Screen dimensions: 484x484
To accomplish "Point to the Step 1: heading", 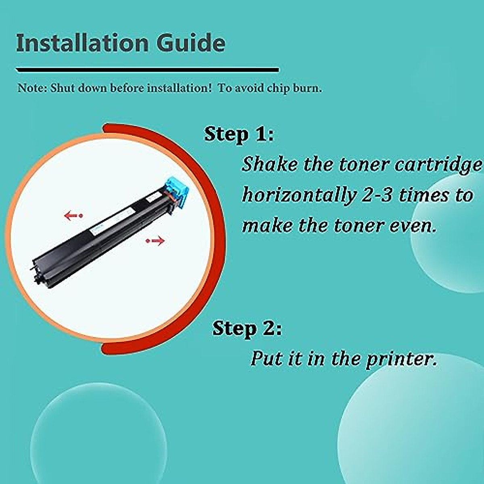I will pyautogui.click(x=239, y=134).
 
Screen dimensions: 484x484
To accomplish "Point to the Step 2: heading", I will pyautogui.click(x=247, y=328).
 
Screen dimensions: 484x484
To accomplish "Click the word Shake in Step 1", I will pyautogui.click(x=269, y=164).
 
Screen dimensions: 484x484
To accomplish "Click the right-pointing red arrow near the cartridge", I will pyautogui.click(x=156, y=241).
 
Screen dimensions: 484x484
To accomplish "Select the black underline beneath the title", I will pyautogui.click(x=147, y=70).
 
